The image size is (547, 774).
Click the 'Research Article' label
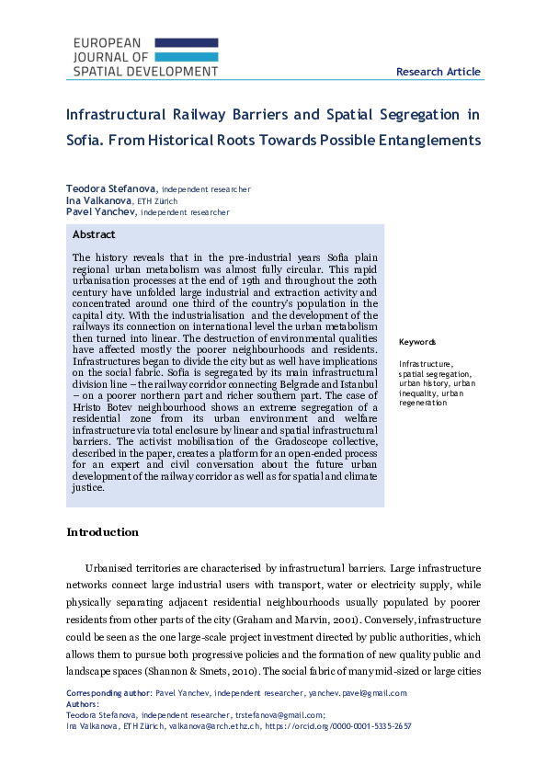pyautogui.click(x=438, y=72)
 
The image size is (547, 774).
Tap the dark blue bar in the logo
pyautogui.click(x=187, y=42)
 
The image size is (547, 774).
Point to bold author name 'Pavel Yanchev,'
pyautogui.click(x=101, y=211)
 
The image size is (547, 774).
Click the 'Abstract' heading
pyautogui.click(x=94, y=234)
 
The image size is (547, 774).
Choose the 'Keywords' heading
pyautogui.click(x=417, y=342)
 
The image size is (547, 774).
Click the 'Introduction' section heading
pyautogui.click(x=103, y=532)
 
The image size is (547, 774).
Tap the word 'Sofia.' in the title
pyautogui.click(x=87, y=141)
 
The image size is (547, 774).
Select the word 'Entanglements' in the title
pyautogui.click(x=429, y=141)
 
